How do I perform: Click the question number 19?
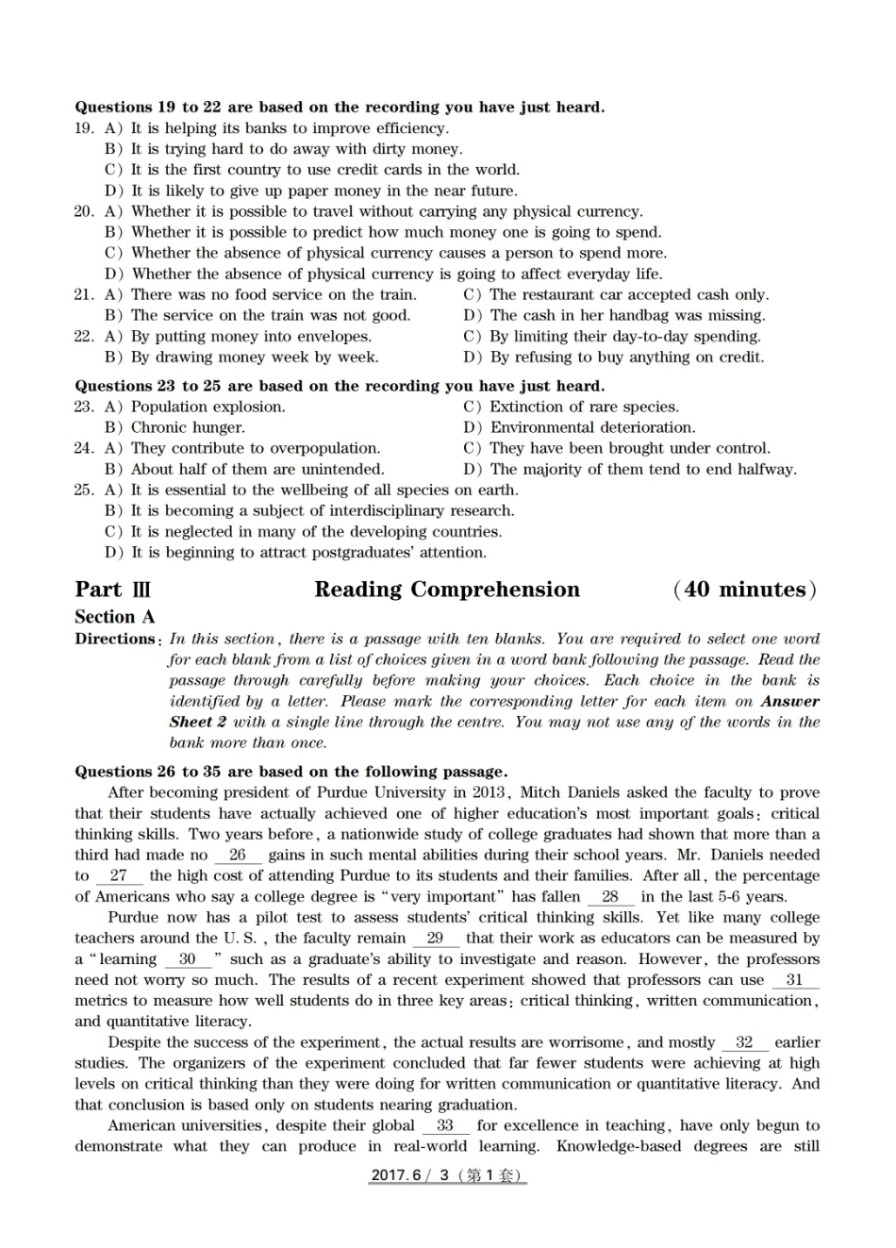[84, 128]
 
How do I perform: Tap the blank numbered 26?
[237, 856]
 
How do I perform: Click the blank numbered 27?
[118, 876]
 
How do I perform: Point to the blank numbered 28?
[609, 897]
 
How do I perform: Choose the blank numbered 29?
[435, 939]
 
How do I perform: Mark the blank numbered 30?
[188, 959]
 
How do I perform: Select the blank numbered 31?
[794, 980]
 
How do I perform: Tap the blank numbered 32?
[744, 1042]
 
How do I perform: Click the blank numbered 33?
[445, 1125]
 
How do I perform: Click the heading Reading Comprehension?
[447, 590]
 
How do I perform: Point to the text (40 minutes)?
[745, 590]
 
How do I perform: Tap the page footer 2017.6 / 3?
[447, 1175]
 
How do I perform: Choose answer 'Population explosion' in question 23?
[207, 407]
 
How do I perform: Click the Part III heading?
[112, 590]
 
